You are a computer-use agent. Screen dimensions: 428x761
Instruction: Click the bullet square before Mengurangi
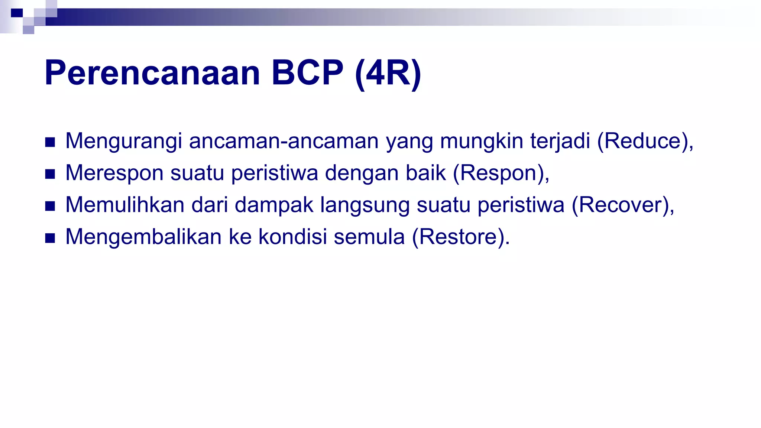tap(50, 142)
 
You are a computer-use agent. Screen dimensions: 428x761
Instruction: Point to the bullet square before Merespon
tap(50, 174)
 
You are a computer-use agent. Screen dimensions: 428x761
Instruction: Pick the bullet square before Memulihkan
tap(50, 206)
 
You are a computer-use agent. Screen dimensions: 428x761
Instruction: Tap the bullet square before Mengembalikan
tap(50, 238)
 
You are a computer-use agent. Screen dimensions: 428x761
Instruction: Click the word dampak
tap(274, 205)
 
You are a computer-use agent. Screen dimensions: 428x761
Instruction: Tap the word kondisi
tap(293, 237)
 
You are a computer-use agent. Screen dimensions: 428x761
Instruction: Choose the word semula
tap(369, 237)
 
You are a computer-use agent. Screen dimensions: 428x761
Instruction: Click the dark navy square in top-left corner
tap(17, 13)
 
